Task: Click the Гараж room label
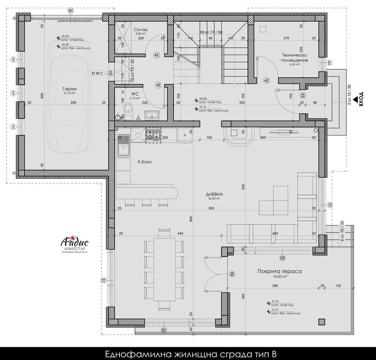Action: click(70, 89)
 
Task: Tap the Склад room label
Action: click(141, 30)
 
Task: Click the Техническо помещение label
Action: click(295, 57)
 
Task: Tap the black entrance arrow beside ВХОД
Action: click(355, 104)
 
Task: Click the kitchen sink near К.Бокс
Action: click(123, 150)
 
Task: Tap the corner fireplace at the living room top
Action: click(237, 136)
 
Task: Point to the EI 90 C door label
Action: click(97, 73)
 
